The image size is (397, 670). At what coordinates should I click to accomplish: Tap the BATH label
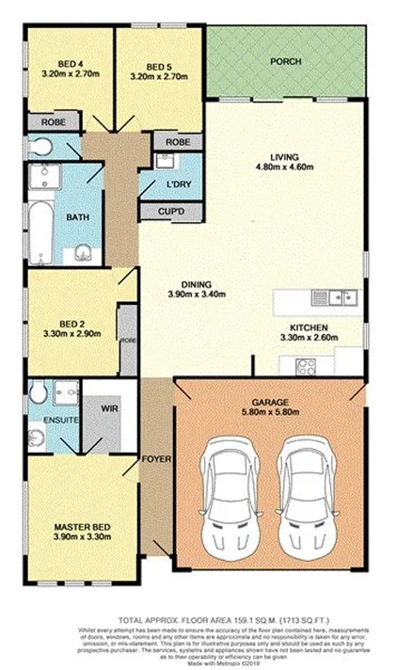coord(77,218)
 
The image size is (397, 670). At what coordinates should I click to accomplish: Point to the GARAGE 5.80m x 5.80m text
coord(268,407)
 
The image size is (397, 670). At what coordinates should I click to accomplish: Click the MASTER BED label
coord(83,531)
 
